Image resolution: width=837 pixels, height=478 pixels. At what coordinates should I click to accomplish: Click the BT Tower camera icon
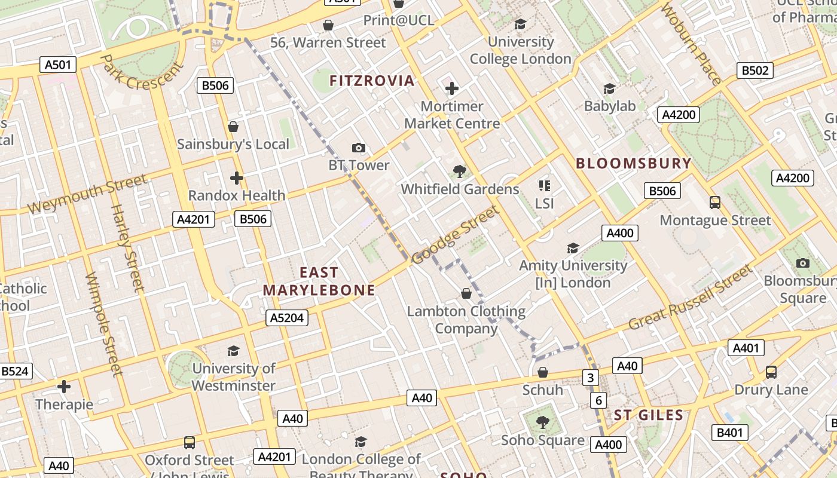point(358,148)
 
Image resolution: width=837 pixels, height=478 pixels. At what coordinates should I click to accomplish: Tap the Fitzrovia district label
point(372,81)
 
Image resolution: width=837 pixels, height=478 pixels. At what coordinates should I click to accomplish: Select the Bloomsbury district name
point(633,163)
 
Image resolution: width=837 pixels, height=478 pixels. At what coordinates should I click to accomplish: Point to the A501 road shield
point(58,65)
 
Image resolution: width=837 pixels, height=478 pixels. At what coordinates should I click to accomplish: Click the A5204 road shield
point(287,318)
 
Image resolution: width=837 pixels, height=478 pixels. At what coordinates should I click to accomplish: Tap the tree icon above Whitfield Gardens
point(459,172)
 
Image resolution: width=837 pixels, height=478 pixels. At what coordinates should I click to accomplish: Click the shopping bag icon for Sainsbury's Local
point(233,127)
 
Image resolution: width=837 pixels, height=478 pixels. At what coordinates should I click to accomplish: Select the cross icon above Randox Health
point(237,178)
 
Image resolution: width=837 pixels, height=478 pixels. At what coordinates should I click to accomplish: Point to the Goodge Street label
point(455,235)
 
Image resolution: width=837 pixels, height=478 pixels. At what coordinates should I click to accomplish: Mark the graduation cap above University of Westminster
point(233,351)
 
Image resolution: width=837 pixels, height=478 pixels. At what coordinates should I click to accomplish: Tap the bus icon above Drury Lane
point(771,372)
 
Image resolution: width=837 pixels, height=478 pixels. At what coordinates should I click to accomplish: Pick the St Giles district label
point(649,415)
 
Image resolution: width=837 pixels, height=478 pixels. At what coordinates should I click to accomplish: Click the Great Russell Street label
point(691,298)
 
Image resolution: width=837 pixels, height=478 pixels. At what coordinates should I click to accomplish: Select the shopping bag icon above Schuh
point(543,372)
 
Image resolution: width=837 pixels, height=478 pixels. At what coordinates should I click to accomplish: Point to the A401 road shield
point(746,348)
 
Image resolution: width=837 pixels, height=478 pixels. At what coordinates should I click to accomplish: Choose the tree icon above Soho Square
point(542,422)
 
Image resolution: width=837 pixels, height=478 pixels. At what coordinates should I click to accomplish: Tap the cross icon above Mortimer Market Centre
point(452,89)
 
